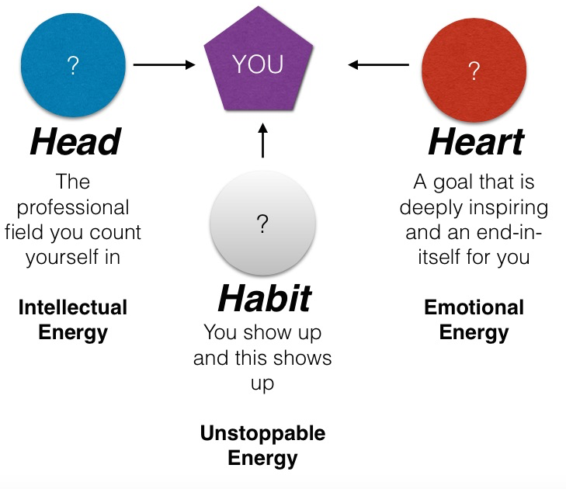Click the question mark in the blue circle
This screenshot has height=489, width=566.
tap(73, 65)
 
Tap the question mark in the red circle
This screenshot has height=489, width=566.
tap(474, 71)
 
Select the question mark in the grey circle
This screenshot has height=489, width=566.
tap(262, 224)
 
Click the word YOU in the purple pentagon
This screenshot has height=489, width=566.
tap(258, 64)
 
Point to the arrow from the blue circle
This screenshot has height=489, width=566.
tap(165, 64)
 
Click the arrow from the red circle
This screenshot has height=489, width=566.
tap(378, 64)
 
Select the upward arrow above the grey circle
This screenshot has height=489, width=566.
tap(262, 140)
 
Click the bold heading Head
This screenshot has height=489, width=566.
tap(75, 141)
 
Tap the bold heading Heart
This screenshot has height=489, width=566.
tap(476, 141)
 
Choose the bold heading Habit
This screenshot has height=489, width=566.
tap(265, 298)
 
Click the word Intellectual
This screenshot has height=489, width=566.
tap(73, 307)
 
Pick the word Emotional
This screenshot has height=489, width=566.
tap(474, 307)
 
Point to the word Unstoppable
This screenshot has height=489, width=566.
tap(262, 433)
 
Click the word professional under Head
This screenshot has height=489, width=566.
tap(73, 207)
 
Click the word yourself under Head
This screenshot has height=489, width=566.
tap(62, 258)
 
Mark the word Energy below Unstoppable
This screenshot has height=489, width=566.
tap(262, 458)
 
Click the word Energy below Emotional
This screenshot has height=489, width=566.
tap(474, 333)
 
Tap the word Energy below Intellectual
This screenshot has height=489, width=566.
tap(73, 333)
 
